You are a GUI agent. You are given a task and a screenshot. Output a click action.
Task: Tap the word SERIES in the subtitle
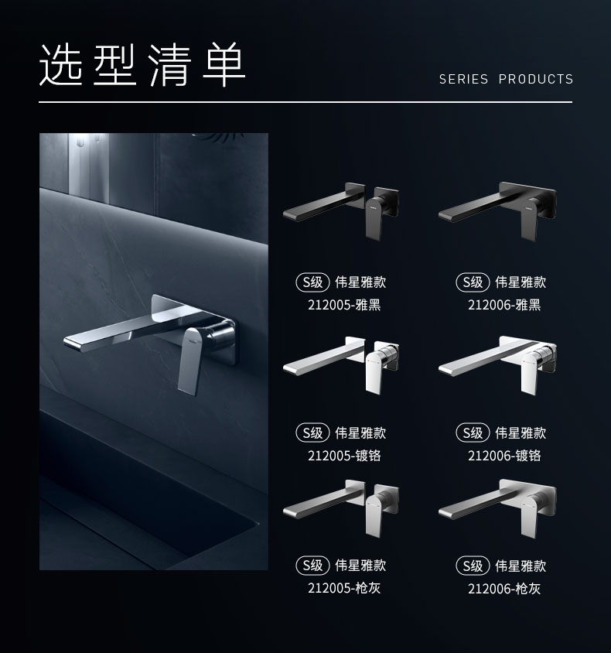point(463,79)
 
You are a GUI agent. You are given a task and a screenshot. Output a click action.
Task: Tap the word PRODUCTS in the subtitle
point(536,79)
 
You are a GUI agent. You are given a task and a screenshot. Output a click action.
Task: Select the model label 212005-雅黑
point(344,305)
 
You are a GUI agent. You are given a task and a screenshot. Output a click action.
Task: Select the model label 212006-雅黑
point(504,305)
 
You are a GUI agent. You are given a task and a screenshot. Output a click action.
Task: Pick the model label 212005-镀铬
point(344,456)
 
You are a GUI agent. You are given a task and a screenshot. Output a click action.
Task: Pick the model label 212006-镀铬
point(504,456)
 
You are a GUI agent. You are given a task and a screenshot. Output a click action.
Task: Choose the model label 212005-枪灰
point(344,588)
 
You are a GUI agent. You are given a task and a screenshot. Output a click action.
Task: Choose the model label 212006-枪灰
point(504,589)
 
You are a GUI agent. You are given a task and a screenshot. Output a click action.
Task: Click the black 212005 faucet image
point(343,209)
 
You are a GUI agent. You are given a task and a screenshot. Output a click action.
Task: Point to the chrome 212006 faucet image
point(497,360)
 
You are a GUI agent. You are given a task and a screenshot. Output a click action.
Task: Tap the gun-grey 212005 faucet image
point(343,507)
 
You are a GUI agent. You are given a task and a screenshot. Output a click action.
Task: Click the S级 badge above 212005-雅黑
point(312,282)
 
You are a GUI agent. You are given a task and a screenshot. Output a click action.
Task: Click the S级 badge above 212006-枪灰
point(473,566)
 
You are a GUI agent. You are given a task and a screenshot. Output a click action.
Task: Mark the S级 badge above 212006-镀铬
point(473,433)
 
